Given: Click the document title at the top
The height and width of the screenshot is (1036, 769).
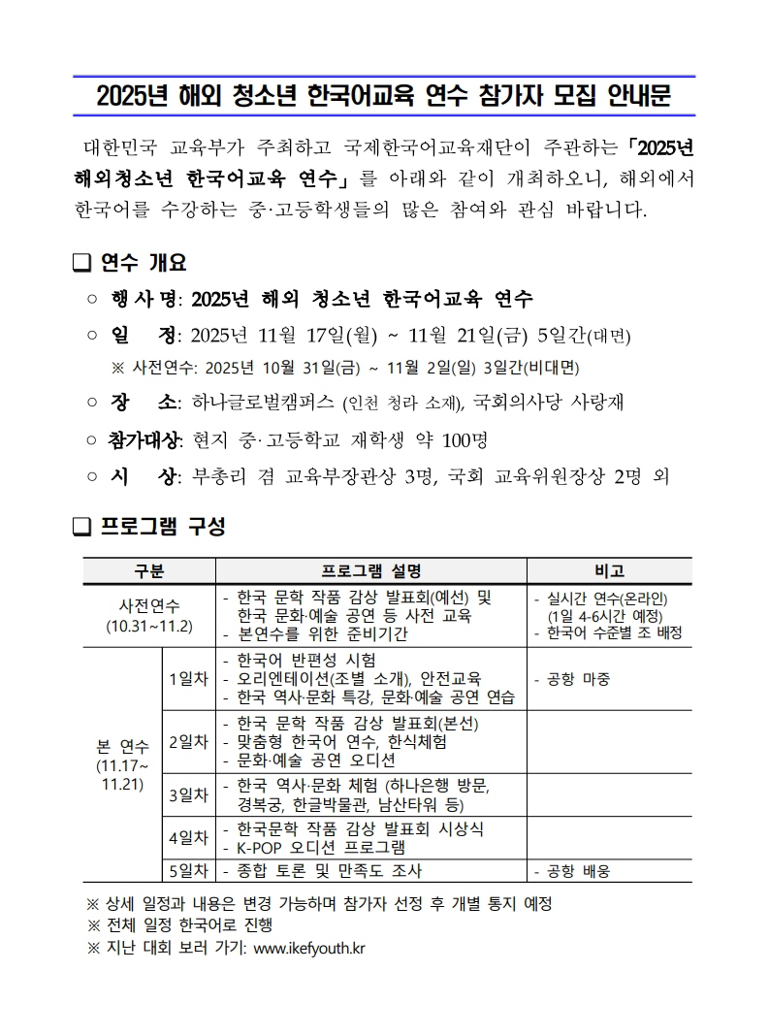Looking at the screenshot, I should point(384,96).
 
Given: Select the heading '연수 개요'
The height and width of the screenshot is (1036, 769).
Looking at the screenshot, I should point(143,263).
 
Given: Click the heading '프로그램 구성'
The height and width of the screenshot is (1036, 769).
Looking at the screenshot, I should point(162,527).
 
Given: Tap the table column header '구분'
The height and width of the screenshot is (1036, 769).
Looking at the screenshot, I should point(149,571).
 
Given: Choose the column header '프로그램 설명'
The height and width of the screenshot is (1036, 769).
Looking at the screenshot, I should point(371,571).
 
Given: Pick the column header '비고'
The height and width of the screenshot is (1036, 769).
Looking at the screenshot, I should point(609,571).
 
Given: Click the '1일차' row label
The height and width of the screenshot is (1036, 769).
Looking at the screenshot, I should point(188,679).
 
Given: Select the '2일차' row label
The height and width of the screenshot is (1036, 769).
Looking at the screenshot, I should point(188,742).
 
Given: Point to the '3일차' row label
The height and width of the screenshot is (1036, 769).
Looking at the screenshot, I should point(188,795).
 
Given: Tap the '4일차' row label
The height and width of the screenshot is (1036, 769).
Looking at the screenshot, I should point(188,837).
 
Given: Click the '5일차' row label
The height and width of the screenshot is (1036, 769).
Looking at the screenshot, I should point(188,870).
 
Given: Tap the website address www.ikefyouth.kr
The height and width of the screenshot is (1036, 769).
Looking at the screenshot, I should point(308,948).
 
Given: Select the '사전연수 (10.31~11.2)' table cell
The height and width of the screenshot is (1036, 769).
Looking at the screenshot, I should point(149,615).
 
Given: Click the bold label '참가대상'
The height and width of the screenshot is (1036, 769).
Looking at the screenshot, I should point(144,440).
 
